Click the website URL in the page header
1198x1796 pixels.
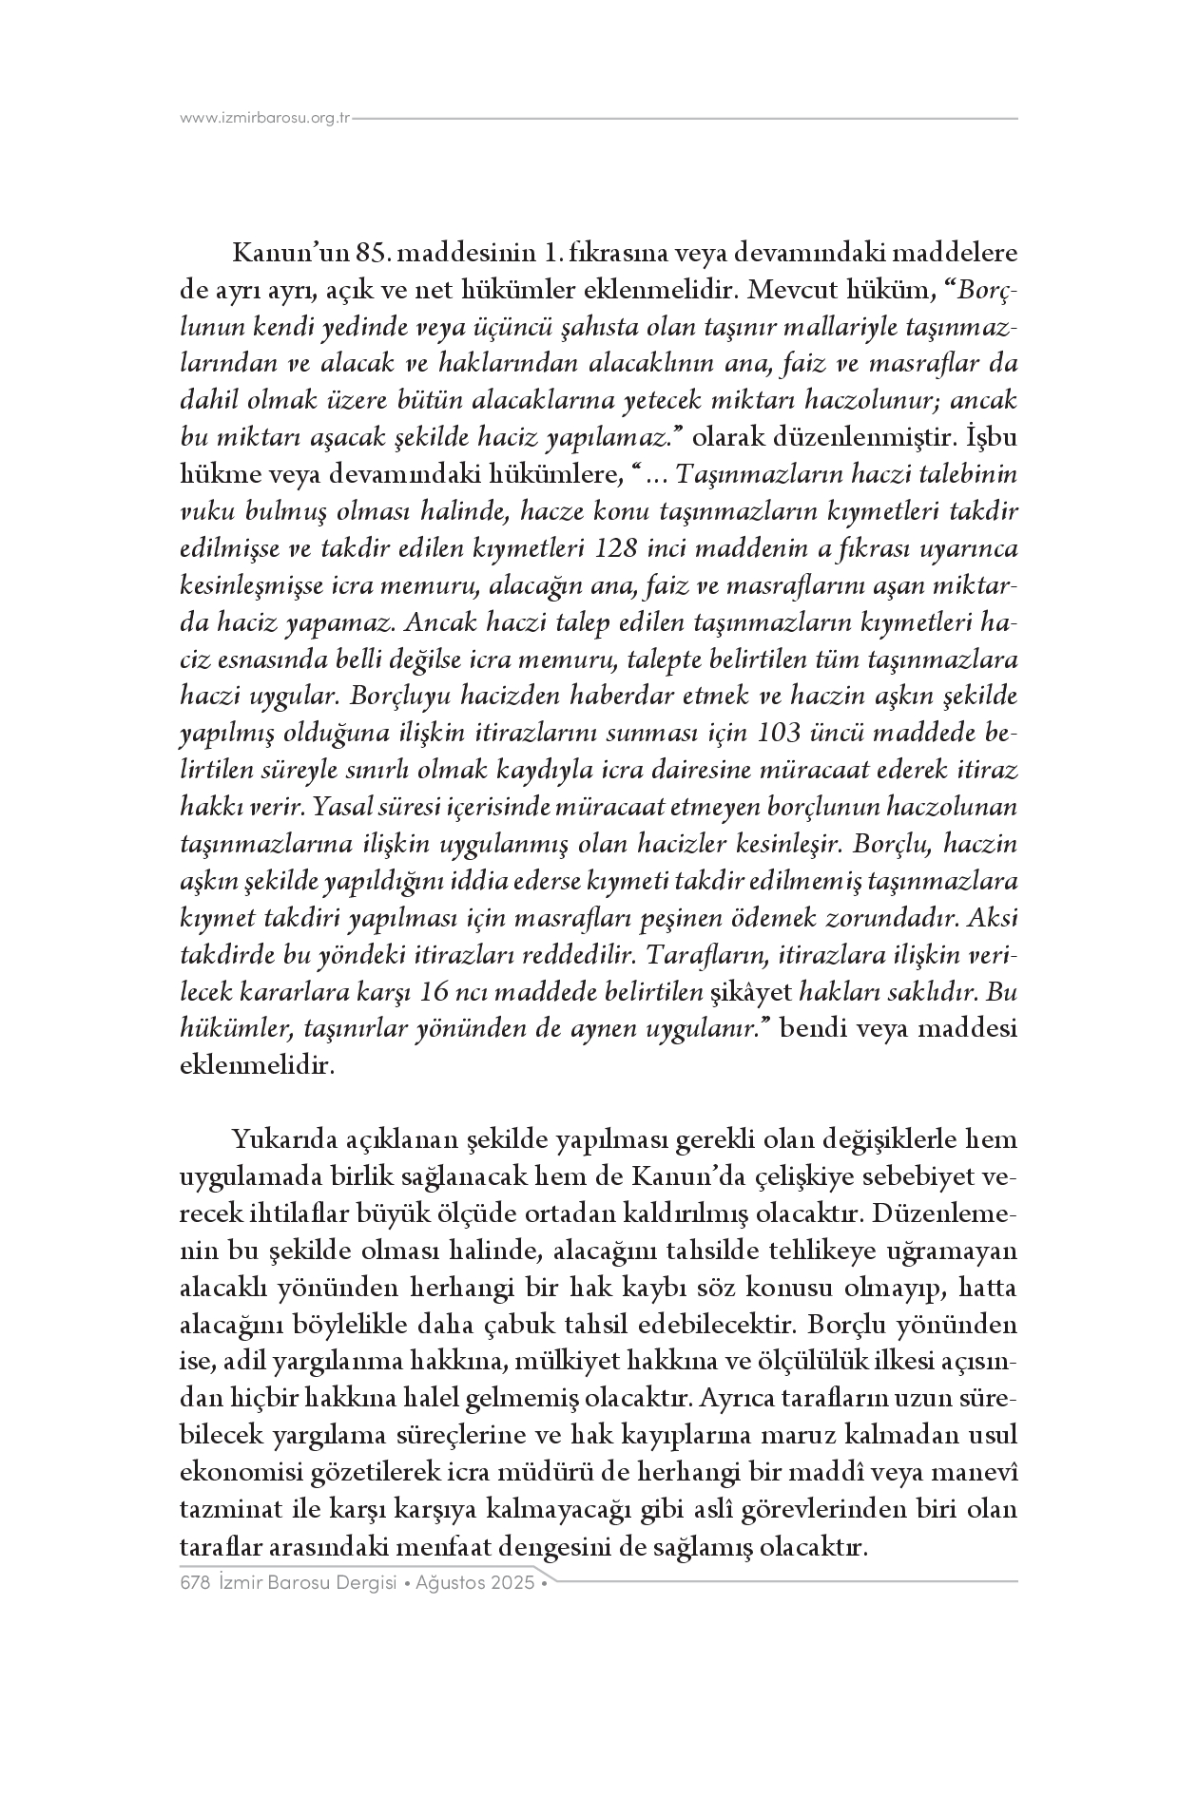pyautogui.click(x=266, y=119)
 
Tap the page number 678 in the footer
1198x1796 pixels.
pyautogui.click(x=194, y=1583)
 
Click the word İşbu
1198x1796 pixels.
pyautogui.click(x=992, y=438)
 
